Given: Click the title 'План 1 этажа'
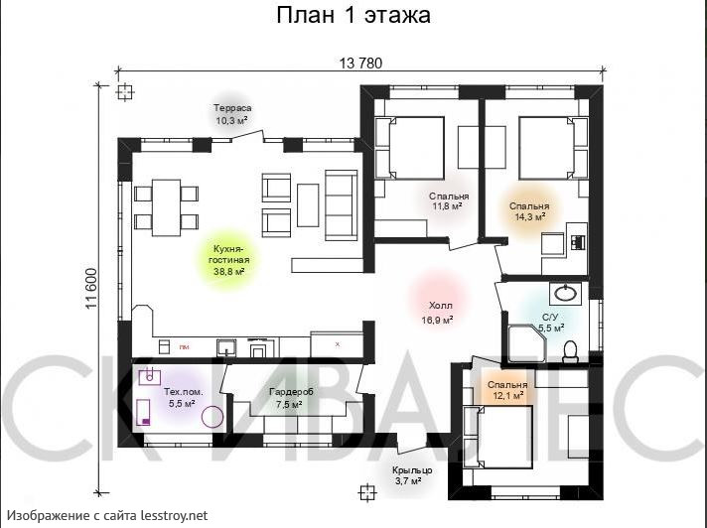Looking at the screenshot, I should pos(353,16).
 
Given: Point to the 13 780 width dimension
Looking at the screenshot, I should pos(360,64).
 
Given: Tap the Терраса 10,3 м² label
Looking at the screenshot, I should pos(232,114).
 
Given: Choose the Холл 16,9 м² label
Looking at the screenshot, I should pos(438,314).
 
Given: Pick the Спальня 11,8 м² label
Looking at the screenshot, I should pos(449,201).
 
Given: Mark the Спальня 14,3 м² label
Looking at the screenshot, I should pos(529,210).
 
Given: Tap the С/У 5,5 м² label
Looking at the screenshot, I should pos(551,321).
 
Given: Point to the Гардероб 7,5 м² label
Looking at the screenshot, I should pos(291,398).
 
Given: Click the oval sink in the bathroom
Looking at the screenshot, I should pos(565,293).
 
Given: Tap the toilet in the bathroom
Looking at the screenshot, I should pos(570,349).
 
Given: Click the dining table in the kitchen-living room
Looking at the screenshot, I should pos(167,205).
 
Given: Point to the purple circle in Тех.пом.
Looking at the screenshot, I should pos(212,416).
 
